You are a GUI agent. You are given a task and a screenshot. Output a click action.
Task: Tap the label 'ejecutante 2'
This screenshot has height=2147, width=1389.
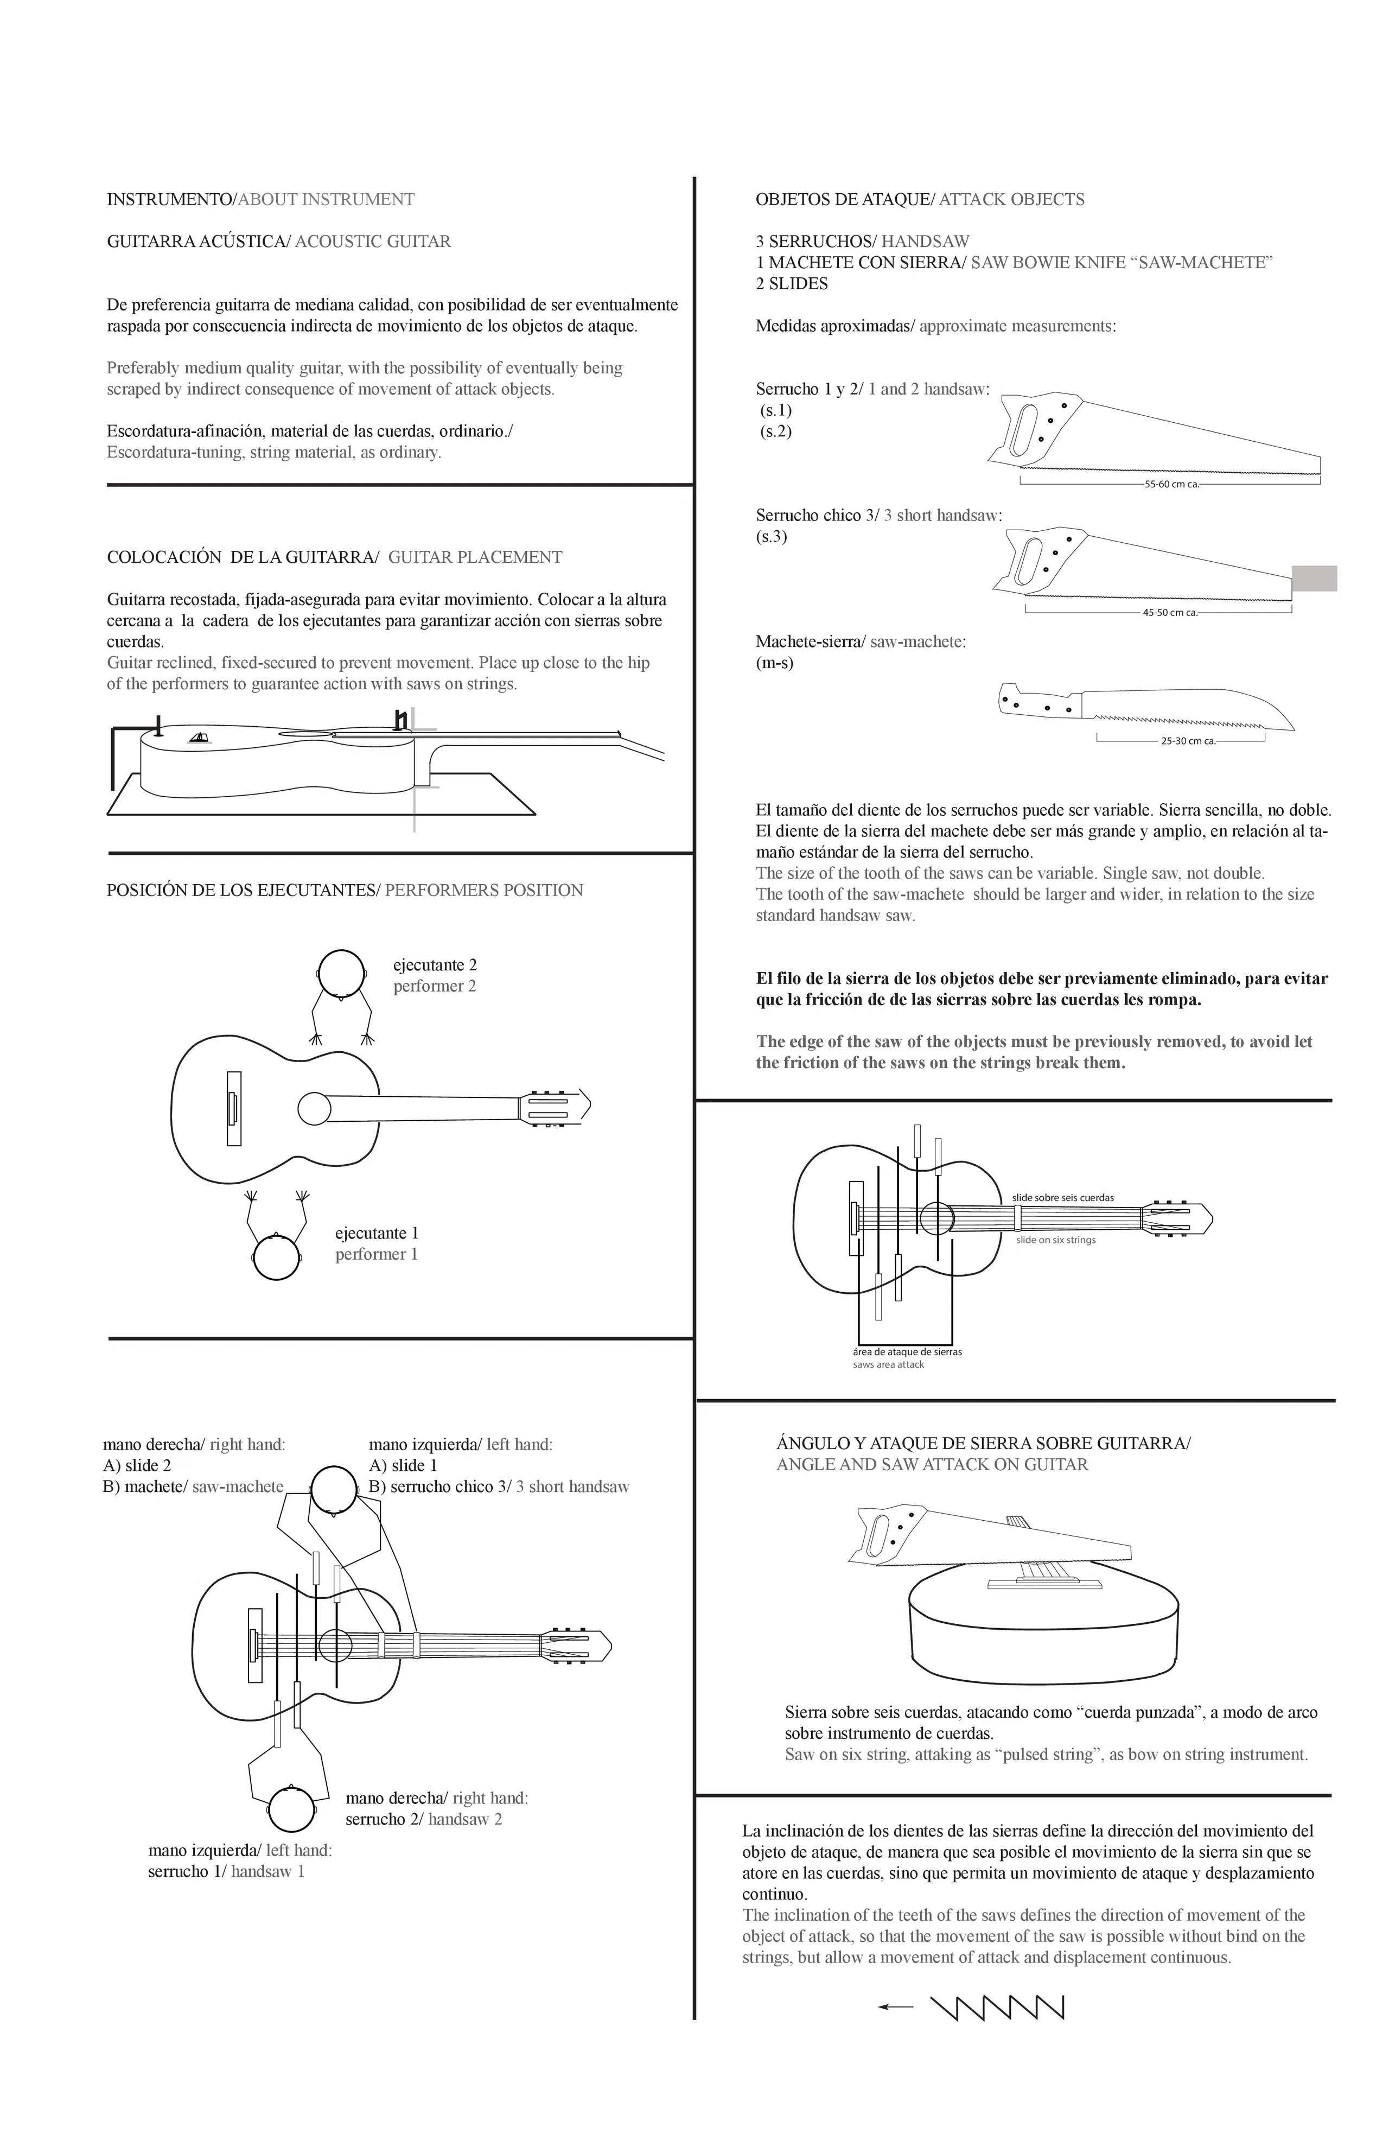click(435, 965)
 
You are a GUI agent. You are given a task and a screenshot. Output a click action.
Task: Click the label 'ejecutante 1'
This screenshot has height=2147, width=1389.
click(377, 1233)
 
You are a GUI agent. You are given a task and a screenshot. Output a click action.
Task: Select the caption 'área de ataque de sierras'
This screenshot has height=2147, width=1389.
click(907, 1351)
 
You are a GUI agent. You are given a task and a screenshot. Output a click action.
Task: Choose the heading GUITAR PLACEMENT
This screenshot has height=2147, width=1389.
click(475, 557)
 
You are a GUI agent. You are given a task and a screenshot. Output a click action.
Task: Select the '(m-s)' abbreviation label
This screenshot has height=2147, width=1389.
click(775, 663)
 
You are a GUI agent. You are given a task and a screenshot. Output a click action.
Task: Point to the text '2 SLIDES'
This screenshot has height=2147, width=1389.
click(792, 284)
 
